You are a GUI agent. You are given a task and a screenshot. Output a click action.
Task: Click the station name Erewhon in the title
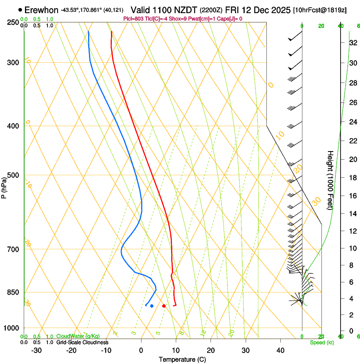coord(41,10)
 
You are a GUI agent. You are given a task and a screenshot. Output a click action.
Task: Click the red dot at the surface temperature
coord(164,306)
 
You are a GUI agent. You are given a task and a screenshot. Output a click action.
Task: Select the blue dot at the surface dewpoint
coord(152,306)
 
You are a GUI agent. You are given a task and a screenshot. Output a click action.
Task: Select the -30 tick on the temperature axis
coord(36,350)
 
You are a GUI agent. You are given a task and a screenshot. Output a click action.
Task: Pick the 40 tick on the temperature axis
coord(280,350)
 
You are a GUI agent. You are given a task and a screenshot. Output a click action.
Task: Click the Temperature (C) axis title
coord(182,360)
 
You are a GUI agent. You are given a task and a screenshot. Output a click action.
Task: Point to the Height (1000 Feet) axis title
coord(330,180)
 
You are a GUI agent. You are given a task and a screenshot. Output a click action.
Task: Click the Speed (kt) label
coord(320,342)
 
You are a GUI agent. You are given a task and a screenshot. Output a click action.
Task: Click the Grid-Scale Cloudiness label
coord(82,342)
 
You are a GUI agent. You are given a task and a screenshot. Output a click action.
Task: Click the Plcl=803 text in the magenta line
coord(133,19)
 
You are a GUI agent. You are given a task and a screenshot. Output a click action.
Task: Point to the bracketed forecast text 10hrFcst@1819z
coord(320,10)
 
